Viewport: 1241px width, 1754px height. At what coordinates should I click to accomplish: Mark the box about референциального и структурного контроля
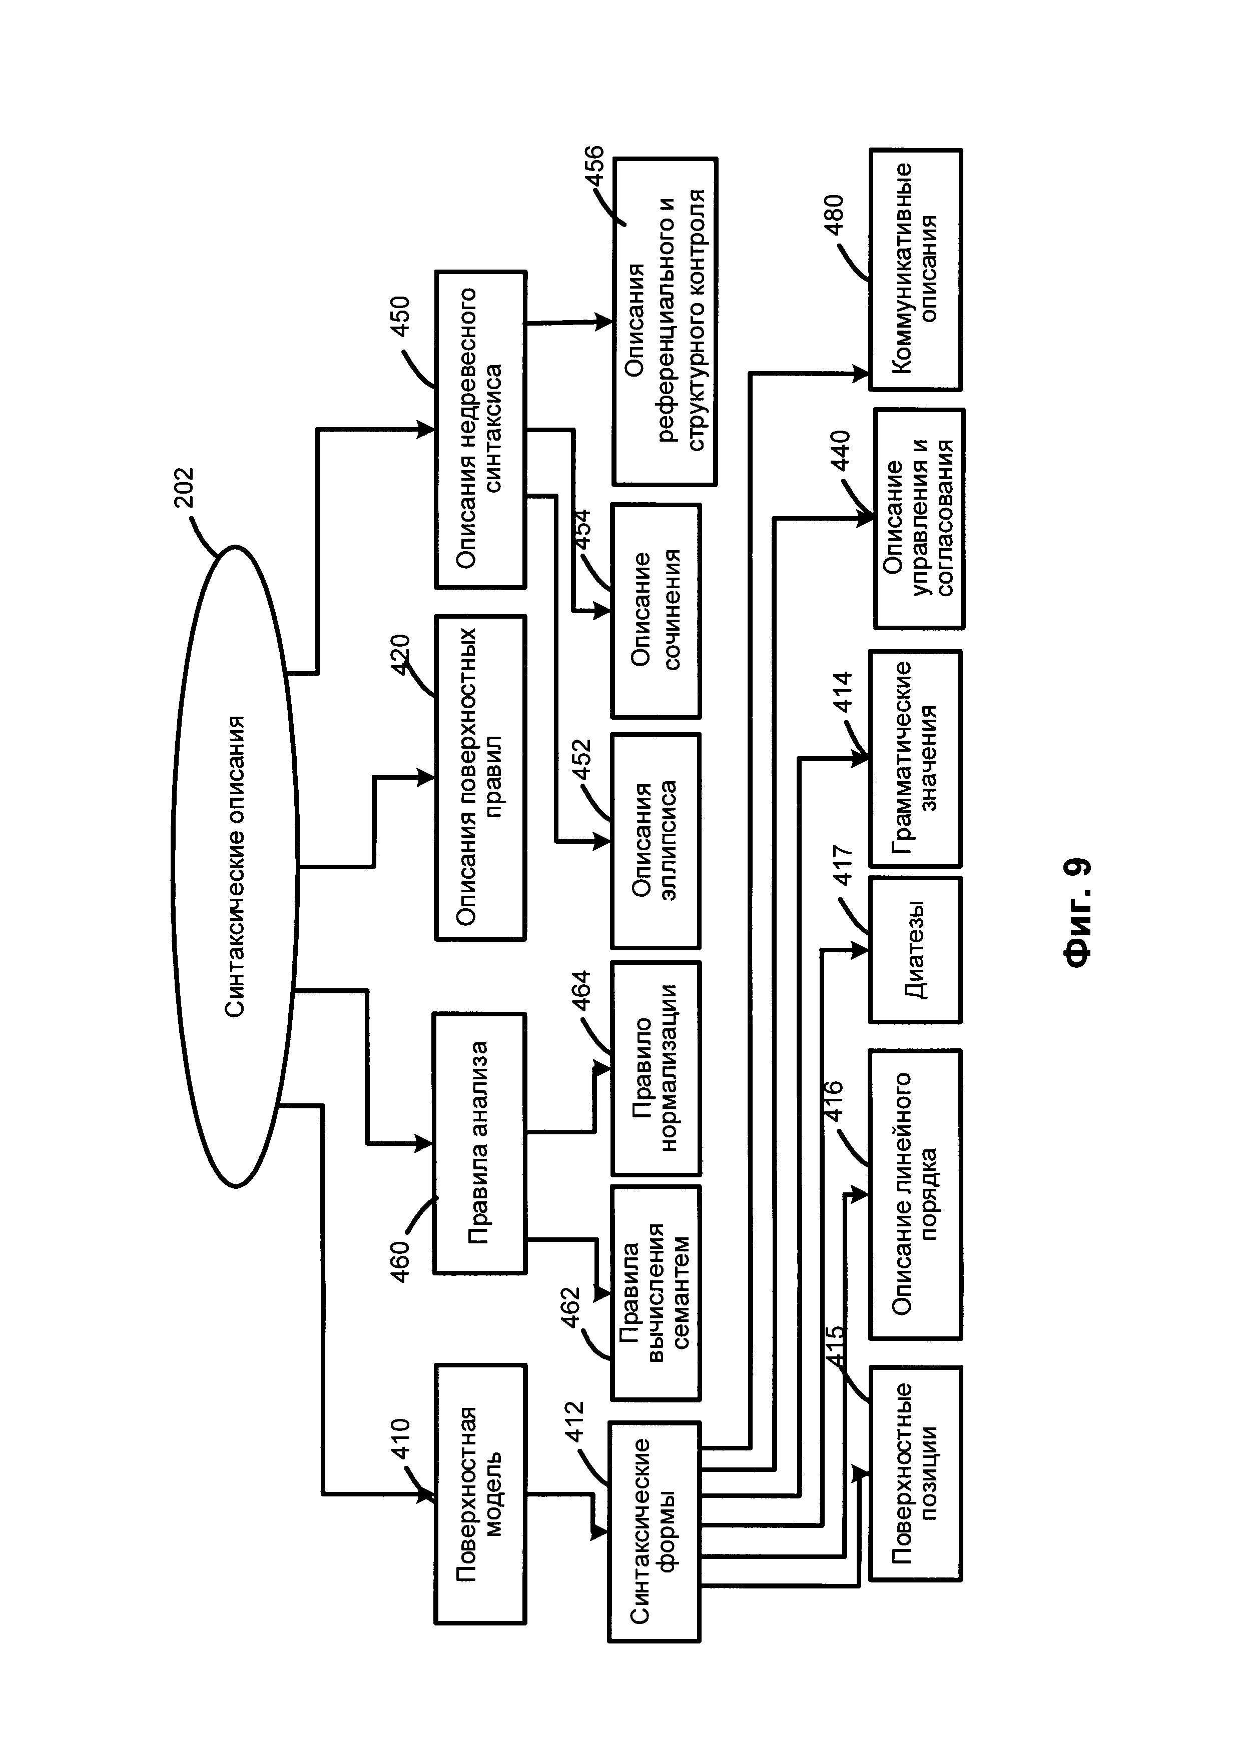click(664, 322)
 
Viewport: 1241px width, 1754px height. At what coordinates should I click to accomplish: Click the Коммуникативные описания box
click(915, 270)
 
